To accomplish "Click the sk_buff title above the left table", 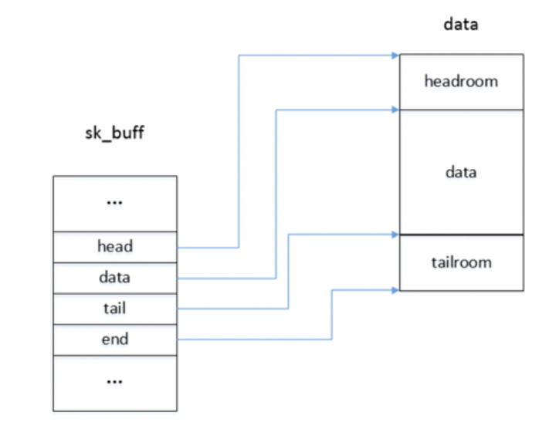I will tap(114, 133).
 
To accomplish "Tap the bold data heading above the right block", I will tap(460, 24).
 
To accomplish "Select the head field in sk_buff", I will tap(114, 247).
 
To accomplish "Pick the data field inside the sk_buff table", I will tap(114, 278).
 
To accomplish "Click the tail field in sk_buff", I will tap(114, 309).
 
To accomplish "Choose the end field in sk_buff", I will tap(114, 339).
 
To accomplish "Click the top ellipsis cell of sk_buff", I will tap(114, 203).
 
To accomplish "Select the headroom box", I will tap(461, 81).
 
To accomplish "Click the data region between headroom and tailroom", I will tap(461, 171).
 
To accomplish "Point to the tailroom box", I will tap(461, 262).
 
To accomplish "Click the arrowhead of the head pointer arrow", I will tap(395, 55).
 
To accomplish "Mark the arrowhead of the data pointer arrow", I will tap(395, 110).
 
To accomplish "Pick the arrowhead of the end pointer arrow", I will tap(395, 290).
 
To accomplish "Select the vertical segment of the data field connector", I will tap(276, 193).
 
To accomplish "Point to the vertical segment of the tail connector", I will tap(288, 270).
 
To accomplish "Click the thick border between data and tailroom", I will tap(461, 235).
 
